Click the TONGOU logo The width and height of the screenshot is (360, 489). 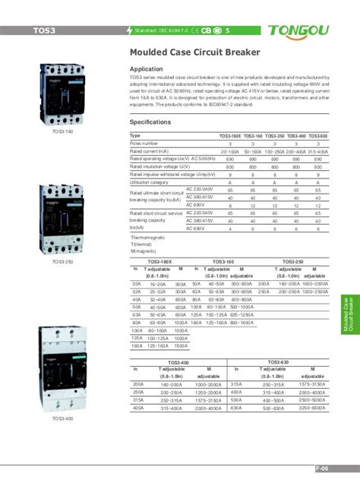(x=308, y=30)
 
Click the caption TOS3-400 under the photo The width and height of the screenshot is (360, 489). (x=63, y=418)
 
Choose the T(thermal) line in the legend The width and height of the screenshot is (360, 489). (x=142, y=244)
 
